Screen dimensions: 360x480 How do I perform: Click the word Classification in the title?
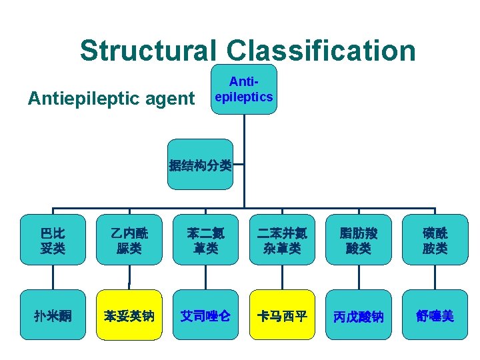tap(321, 50)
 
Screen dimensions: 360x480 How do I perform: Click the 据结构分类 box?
tap(200, 165)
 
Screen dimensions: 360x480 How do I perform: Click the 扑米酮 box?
tap(53, 315)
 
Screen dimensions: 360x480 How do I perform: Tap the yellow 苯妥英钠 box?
tap(129, 315)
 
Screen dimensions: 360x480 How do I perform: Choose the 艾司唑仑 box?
tap(206, 315)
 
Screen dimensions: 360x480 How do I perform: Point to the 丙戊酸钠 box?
tap(359, 315)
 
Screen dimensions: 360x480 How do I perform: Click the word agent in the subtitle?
tap(169, 99)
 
